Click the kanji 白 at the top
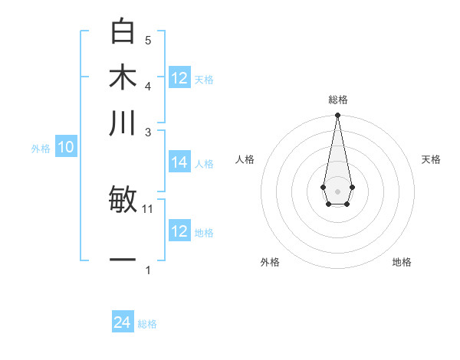123,33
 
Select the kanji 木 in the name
123,78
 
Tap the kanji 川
123,123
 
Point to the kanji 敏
123,200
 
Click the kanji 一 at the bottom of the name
123,260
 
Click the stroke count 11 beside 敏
149,208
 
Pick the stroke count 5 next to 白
148,40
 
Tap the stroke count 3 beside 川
148,132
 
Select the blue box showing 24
123,322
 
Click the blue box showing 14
179,162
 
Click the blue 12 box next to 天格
179,78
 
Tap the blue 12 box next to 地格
179,231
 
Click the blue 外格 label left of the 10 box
41,149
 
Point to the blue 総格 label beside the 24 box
147,324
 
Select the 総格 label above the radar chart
337,100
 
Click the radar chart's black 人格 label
245,159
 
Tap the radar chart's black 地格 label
402,262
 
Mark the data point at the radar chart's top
337,116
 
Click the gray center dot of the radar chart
337,190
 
